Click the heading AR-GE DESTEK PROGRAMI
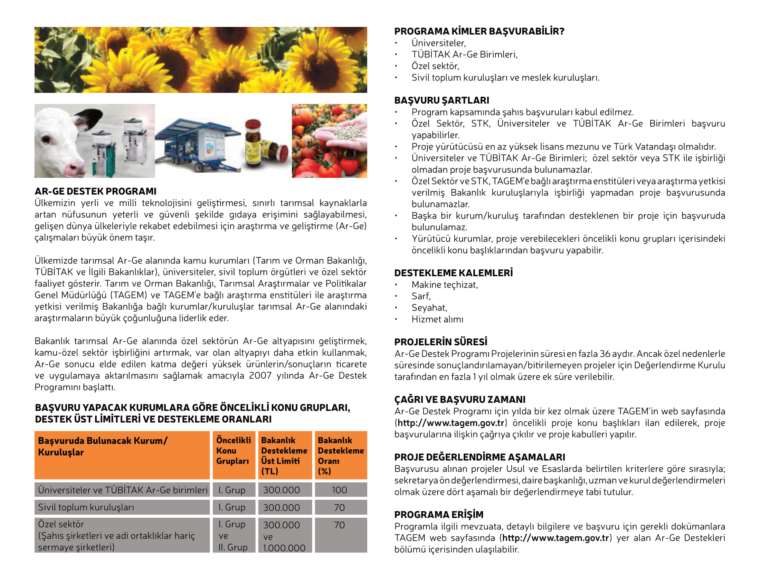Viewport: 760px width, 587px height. coord(95,191)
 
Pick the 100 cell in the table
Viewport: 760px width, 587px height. coord(339,490)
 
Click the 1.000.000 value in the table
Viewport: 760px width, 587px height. coord(284,548)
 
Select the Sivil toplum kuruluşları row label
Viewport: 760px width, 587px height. coord(86,507)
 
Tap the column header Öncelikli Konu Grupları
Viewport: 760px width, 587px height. coord(233,450)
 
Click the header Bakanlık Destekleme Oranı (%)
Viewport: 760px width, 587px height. coord(340,455)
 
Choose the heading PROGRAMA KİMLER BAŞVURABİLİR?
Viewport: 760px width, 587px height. coord(479,31)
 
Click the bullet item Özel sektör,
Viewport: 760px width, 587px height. coord(435,66)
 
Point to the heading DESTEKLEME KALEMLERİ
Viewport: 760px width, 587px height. coord(454,273)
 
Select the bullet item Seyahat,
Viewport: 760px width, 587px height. coord(429,308)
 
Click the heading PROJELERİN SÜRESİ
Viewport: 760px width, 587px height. coord(440,342)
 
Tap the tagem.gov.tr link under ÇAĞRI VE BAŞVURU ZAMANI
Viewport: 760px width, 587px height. coord(451,423)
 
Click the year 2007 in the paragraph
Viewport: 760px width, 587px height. coord(260,376)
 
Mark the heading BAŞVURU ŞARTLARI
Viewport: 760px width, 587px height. coord(441,100)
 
